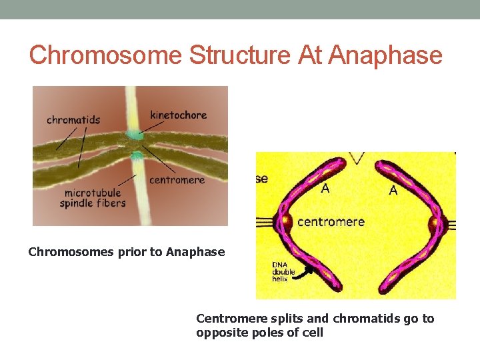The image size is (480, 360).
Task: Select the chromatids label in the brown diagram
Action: point(73,120)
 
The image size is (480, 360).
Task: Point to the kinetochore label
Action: point(179,115)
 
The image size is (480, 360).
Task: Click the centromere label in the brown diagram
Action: point(177,180)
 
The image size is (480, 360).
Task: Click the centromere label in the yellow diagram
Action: point(331,221)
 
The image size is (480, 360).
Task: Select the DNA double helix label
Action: point(283,272)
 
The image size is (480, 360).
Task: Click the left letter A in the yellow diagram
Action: point(325,189)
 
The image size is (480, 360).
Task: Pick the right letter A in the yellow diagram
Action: point(393,191)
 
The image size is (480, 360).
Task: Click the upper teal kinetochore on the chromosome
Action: point(136,135)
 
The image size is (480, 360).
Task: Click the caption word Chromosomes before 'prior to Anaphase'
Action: point(62,252)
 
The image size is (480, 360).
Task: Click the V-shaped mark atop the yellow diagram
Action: point(357,158)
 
